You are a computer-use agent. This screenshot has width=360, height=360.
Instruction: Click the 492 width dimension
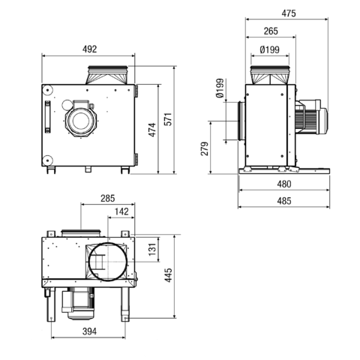coord(89,49)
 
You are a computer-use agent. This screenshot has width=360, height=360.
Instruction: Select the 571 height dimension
coord(169,119)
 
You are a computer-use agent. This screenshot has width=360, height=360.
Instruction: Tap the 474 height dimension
coord(152,130)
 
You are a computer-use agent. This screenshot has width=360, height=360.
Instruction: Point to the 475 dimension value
coord(289,13)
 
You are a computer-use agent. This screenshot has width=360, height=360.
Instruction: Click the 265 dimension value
coord(271,31)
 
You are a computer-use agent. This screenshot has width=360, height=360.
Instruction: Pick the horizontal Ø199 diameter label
coord(270,49)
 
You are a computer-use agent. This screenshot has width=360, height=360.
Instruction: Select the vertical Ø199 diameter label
coord(220,88)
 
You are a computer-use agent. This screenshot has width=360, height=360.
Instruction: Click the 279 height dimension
coord(205,148)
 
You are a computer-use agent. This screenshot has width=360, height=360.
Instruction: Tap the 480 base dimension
coord(284,184)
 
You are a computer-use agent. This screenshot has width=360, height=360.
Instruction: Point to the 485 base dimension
coord(284,201)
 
